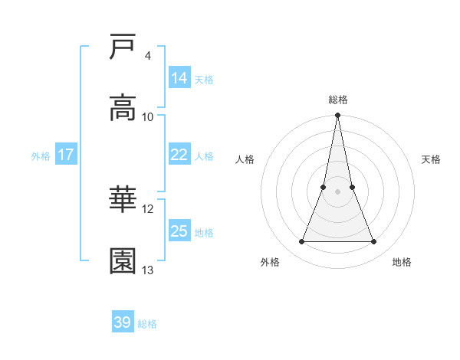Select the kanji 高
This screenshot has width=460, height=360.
[x=123, y=108]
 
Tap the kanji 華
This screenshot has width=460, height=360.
[x=123, y=201]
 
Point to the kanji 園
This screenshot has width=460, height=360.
[x=123, y=261]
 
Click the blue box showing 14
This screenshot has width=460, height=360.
[x=179, y=78]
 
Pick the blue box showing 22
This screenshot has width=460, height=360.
[x=179, y=155]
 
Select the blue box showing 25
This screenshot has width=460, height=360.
[x=179, y=231]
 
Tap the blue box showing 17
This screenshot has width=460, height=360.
[x=65, y=155]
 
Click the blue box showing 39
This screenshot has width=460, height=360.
[x=122, y=322]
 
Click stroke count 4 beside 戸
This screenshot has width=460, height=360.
[x=147, y=56]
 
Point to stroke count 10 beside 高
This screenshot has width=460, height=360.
[x=148, y=116]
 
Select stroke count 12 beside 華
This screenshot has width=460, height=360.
[x=148, y=209]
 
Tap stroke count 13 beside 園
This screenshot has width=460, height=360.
[x=148, y=270]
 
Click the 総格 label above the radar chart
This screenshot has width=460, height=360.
[x=338, y=100]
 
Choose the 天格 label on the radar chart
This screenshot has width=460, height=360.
[x=432, y=159]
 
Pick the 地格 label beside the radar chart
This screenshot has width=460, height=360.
[x=402, y=262]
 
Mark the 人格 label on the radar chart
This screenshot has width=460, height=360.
[x=245, y=159]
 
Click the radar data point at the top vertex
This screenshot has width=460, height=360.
[x=337, y=116]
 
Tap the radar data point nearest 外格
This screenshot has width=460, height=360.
[x=301, y=242]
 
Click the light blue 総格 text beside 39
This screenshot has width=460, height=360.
[x=147, y=324]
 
